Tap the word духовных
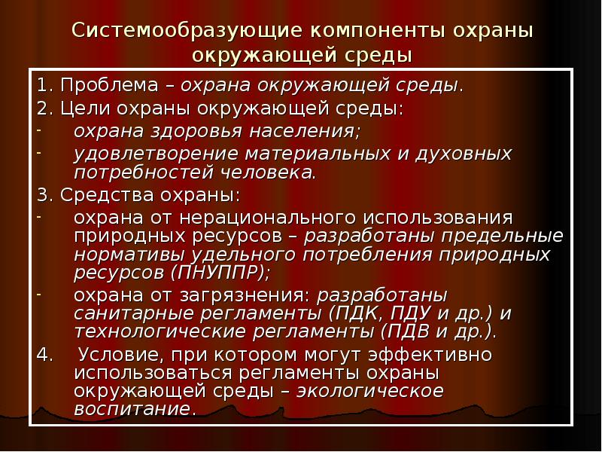(x=461, y=154)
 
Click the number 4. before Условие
(x=44, y=354)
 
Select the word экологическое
(x=370, y=392)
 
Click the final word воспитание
(x=132, y=411)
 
